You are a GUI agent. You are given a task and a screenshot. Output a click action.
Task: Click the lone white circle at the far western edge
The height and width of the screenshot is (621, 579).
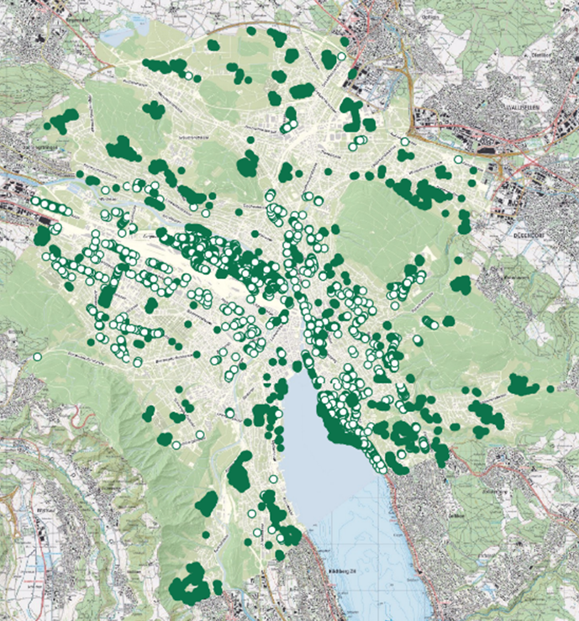37,357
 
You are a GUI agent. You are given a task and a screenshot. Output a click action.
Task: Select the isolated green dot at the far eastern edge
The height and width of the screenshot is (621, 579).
550,389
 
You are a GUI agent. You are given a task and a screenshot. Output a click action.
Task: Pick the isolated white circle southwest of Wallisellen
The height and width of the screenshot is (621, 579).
458,160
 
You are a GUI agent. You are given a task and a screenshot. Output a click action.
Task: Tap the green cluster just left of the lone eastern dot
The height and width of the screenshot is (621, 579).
523,385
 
